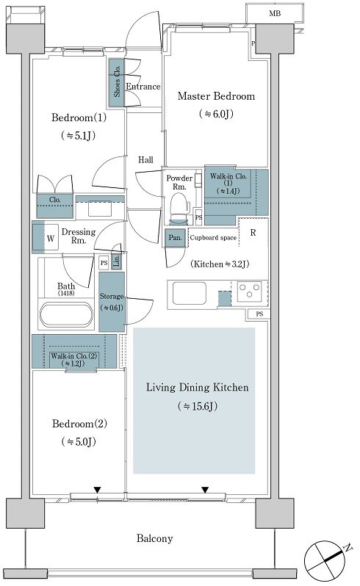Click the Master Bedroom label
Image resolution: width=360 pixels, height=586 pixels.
(216, 96)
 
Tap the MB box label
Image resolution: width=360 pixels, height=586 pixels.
(275, 14)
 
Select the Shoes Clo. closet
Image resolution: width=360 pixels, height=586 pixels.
(117, 82)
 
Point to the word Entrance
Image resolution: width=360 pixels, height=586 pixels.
(143, 87)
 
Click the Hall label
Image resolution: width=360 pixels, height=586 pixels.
(145, 160)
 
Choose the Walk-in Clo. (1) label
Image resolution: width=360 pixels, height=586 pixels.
(228, 183)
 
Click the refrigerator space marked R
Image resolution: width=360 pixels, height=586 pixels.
(253, 233)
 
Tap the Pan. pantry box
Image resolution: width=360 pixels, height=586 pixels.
(176, 238)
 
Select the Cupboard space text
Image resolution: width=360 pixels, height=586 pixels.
(213, 238)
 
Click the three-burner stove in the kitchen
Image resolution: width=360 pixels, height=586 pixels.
(249, 291)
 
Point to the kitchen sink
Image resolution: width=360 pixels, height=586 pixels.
(189, 294)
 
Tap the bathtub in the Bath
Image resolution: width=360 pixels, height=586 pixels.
(67, 315)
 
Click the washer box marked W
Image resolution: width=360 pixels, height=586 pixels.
(51, 238)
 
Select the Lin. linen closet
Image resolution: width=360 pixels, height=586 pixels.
(117, 261)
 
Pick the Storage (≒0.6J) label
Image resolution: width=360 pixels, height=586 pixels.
(112, 302)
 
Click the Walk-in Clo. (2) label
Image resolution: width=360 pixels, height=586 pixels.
(74, 360)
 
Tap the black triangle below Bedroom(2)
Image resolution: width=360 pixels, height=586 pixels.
(97, 490)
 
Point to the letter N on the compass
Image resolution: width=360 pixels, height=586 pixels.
(348, 549)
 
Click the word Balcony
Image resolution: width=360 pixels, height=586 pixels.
(155, 538)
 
